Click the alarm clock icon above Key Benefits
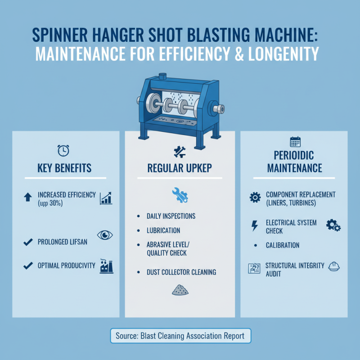63,150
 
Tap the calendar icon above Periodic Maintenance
295,142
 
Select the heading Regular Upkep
180,168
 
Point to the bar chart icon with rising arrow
106,198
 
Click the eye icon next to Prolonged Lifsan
105,235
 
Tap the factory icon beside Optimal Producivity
106,266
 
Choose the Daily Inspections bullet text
171,216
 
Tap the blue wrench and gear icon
180,194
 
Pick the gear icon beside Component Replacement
254,197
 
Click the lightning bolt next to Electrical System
255,226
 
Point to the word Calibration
282,246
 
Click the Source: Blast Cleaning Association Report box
180,336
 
